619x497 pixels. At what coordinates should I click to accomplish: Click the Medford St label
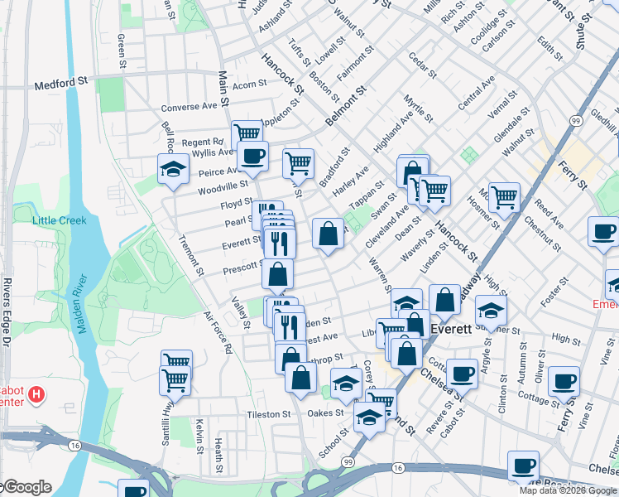tap(60, 83)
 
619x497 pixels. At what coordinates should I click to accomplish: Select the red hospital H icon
tap(36, 395)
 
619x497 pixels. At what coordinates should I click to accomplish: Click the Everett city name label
tap(452, 329)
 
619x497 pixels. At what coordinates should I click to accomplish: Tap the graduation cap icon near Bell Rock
tap(174, 169)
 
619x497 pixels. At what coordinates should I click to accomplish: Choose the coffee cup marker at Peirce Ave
tap(252, 155)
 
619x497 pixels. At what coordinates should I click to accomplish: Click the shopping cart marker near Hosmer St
tap(504, 197)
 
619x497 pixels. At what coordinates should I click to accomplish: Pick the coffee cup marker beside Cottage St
tap(564, 381)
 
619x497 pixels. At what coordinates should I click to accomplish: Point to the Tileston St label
tap(269, 414)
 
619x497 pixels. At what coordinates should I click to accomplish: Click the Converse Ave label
tap(189, 107)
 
